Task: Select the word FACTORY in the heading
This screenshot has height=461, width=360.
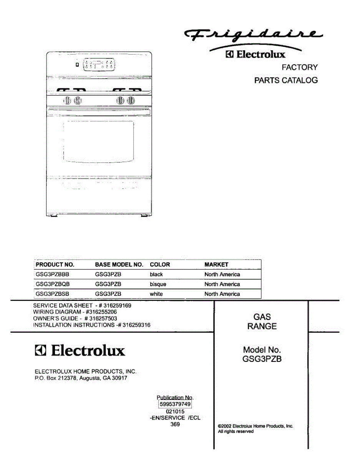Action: pos(300,67)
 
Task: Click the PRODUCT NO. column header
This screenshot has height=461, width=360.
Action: pos(55,265)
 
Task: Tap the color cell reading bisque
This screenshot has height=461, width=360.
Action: pos(158,284)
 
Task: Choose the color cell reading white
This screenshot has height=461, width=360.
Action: pos(156,294)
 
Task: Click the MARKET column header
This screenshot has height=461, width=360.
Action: pos(216,265)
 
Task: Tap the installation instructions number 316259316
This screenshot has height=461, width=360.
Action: pos(136,325)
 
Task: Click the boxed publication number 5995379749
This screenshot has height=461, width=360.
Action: pos(175,404)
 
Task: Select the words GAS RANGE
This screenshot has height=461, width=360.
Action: pos(262,322)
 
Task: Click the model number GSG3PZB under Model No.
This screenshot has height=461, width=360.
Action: pos(262,360)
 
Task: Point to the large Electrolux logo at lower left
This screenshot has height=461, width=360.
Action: pos(80,351)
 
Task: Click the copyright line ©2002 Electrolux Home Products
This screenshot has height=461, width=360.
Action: pos(255,426)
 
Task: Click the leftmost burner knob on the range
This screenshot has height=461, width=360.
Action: pos(67,101)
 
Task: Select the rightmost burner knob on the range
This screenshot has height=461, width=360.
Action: pos(131,101)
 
